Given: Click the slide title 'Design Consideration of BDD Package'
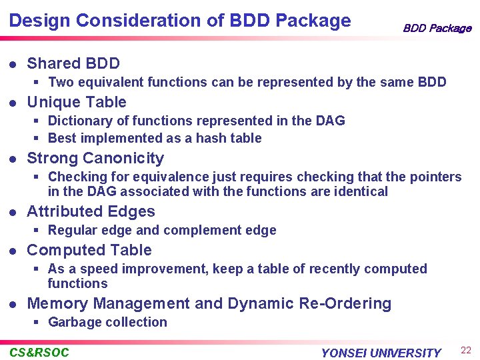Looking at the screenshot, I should point(180,21).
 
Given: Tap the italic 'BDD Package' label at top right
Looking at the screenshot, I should point(437,28).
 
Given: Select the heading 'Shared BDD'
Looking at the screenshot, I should point(73,63).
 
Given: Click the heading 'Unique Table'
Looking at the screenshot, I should point(76,102).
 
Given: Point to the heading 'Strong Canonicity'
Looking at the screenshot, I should point(95,158).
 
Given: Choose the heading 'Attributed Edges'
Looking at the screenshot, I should point(91,211).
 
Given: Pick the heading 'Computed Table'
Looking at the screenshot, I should point(89,250).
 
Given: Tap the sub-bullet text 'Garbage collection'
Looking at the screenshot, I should point(107,322).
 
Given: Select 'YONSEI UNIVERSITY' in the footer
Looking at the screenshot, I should point(381,353).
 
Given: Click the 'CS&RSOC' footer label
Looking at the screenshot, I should point(39,353).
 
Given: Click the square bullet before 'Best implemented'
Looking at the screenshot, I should point(38,138).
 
